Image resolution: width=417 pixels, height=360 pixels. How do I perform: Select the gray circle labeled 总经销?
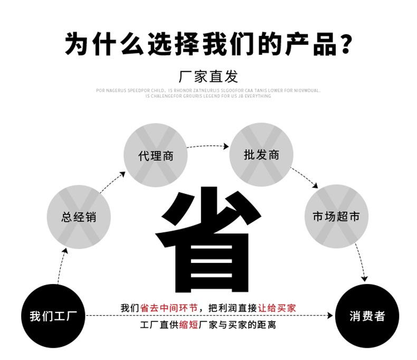click(79, 216)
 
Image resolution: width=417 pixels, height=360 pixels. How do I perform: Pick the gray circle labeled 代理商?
click(155, 156)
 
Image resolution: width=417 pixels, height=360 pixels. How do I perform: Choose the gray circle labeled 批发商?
click(261, 155)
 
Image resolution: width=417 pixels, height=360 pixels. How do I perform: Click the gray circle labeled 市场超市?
click(336, 216)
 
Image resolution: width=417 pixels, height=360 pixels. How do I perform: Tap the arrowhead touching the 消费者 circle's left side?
click(330, 316)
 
